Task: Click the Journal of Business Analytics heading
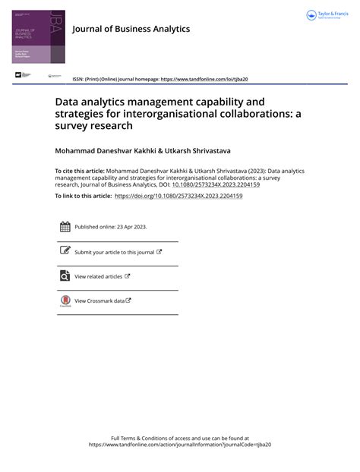click(131, 29)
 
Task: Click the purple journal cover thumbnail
click(39, 37)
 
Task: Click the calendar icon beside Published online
click(65, 227)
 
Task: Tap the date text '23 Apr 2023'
click(133, 227)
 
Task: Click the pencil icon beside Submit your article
click(65, 251)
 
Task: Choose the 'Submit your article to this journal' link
click(114, 252)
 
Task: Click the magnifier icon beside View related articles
click(65, 276)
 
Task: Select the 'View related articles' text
click(99, 276)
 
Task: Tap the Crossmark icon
click(65, 301)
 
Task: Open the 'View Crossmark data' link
click(99, 301)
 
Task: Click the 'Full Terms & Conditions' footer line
click(180, 439)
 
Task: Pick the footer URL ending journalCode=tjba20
click(180, 445)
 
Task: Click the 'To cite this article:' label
click(79, 171)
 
